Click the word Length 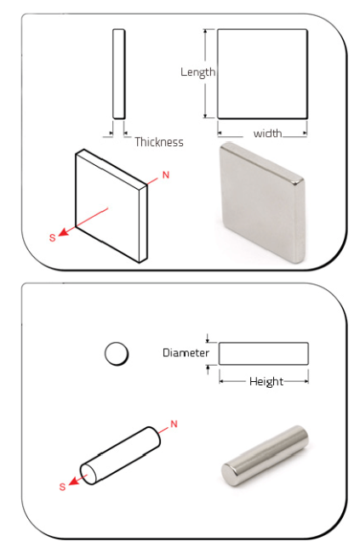pyautogui.click(x=197, y=72)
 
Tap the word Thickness pyautogui.click(x=159, y=142)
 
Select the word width pyautogui.click(x=267, y=134)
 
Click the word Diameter pyautogui.click(x=186, y=353)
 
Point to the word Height pyautogui.click(x=266, y=381)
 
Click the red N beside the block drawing pyautogui.click(x=166, y=174)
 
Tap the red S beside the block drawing pyautogui.click(x=52, y=238)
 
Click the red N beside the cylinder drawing pyautogui.click(x=174, y=424)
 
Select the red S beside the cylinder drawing pyautogui.click(x=62, y=487)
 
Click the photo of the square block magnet pyautogui.click(x=262, y=202)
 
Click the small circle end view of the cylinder pyautogui.click(x=117, y=354)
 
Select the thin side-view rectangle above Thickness pyautogui.click(x=118, y=74)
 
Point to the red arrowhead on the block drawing pyautogui.click(x=63, y=232)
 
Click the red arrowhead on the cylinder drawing pyautogui.click(x=73, y=481)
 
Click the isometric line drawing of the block pyautogui.click(x=111, y=207)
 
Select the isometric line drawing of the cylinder pyautogui.click(x=120, y=456)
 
